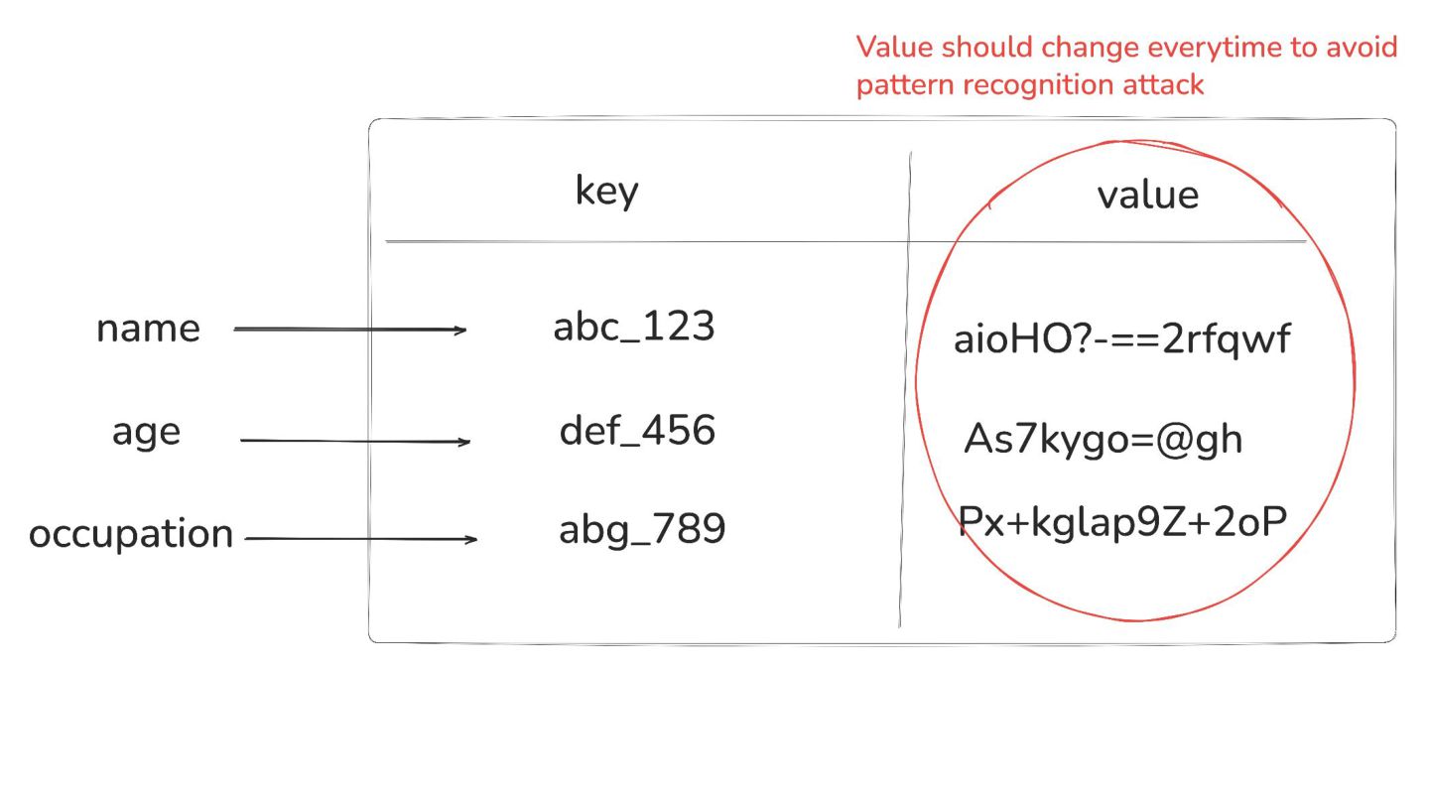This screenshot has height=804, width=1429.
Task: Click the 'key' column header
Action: (x=606, y=191)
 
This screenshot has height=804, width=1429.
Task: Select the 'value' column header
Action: (x=1147, y=195)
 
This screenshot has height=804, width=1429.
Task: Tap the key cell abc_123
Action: (x=633, y=327)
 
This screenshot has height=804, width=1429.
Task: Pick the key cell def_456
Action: (x=637, y=431)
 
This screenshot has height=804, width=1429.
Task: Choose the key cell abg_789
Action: (x=642, y=529)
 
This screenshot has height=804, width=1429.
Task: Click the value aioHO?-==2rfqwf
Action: (x=1121, y=339)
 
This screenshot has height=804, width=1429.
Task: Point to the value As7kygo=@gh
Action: (x=1103, y=439)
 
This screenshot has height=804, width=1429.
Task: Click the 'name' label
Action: (x=148, y=329)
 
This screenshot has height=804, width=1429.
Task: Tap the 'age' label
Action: (x=146, y=433)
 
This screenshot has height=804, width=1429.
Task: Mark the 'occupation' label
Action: (x=131, y=534)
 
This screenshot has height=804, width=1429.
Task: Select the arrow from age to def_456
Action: (x=354, y=441)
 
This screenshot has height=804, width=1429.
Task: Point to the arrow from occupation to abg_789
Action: (x=360, y=539)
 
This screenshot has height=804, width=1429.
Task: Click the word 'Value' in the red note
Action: (x=893, y=48)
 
